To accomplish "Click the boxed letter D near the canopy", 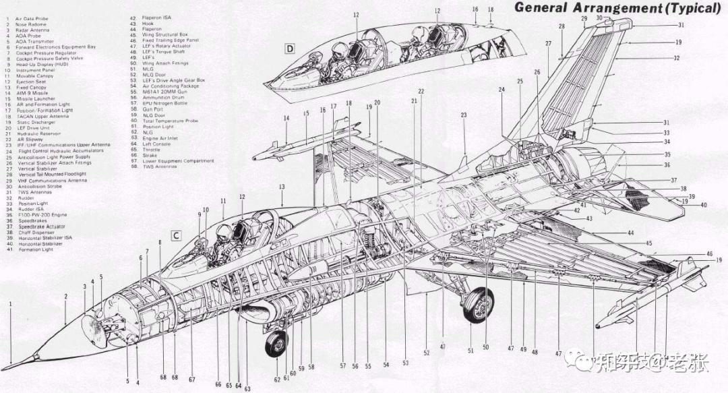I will [x=289, y=49].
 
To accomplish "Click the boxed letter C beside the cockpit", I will [x=176, y=236].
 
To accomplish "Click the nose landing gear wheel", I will [x=276, y=344].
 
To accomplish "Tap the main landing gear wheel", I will [x=478, y=305].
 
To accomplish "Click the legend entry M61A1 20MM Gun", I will [x=162, y=92].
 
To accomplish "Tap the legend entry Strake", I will [x=150, y=155].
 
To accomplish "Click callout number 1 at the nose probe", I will [x=11, y=304].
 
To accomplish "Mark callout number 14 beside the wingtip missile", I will [x=286, y=119].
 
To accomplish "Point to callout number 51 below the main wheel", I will [x=471, y=351].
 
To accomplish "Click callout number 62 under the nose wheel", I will [x=276, y=380].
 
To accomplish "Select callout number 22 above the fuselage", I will [x=421, y=91].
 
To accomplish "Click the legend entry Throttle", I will [x=152, y=150].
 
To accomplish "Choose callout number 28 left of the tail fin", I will [x=562, y=26].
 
